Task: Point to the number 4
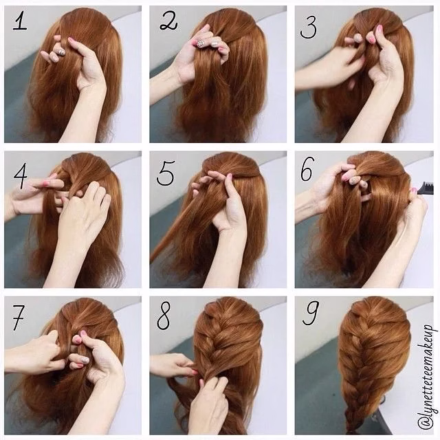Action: [21, 178]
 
